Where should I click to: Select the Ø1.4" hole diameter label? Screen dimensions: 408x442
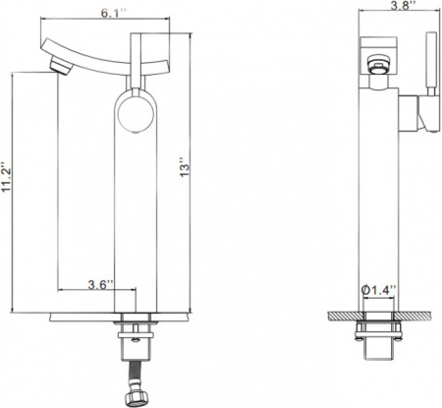click(379, 289)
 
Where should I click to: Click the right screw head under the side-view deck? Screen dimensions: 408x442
click(398, 327)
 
